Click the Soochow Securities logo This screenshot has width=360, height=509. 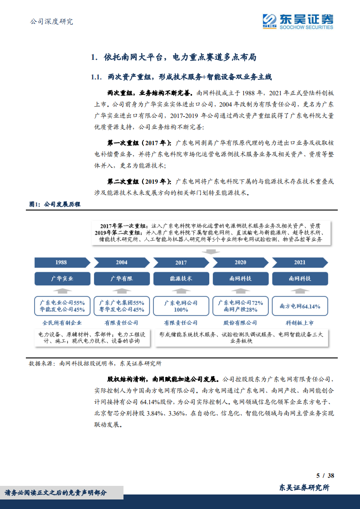[x=298, y=21]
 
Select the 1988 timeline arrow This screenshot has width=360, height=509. [x=61, y=262]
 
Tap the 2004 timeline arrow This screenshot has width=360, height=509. [x=121, y=262]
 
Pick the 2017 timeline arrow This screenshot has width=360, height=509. [x=181, y=262]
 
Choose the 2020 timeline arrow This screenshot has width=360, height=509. [x=240, y=262]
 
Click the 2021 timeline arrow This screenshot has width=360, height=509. [x=300, y=262]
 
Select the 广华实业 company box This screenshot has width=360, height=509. [x=62, y=279]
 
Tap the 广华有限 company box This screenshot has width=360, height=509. [x=121, y=279]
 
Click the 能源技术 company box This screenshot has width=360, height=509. [x=181, y=279]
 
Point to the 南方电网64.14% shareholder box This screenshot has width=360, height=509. [x=300, y=306]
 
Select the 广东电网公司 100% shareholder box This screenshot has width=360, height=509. [x=181, y=306]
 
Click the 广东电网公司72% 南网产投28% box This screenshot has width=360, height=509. [x=240, y=306]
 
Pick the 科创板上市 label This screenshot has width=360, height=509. [x=300, y=323]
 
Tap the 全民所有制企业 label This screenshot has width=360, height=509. [x=62, y=323]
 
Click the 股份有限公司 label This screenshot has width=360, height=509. [x=240, y=323]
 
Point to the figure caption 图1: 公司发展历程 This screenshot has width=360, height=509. [x=55, y=205]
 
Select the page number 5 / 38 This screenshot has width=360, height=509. [x=325, y=475]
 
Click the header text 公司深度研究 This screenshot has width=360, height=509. [x=51, y=21]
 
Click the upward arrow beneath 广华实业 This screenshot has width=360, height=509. [x=62, y=290]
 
